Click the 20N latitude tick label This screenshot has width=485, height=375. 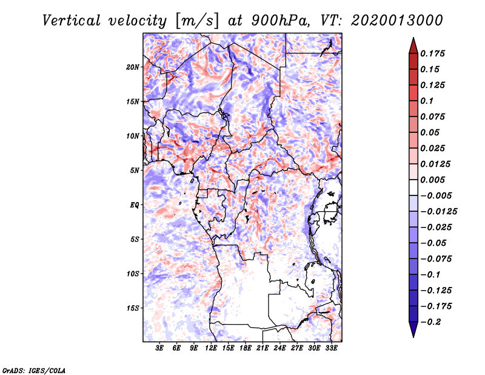pyautogui.click(x=133, y=67)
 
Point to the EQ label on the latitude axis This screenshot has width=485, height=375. pyautogui.click(x=134, y=204)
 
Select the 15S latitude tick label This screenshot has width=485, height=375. pyautogui.click(x=133, y=308)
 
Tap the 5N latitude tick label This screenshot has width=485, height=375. pyautogui.click(x=134, y=171)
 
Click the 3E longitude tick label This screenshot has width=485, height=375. pyautogui.click(x=160, y=349)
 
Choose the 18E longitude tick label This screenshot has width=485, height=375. pyautogui.click(x=246, y=349)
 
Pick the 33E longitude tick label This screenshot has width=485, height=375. pyautogui.click(x=331, y=349)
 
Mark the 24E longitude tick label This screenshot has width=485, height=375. pyautogui.click(x=279, y=349)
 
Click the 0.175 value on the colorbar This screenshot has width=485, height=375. pyautogui.click(x=433, y=53)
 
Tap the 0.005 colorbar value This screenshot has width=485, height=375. pyautogui.click(x=433, y=180)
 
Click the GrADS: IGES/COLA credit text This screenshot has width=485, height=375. pyautogui.click(x=33, y=370)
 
